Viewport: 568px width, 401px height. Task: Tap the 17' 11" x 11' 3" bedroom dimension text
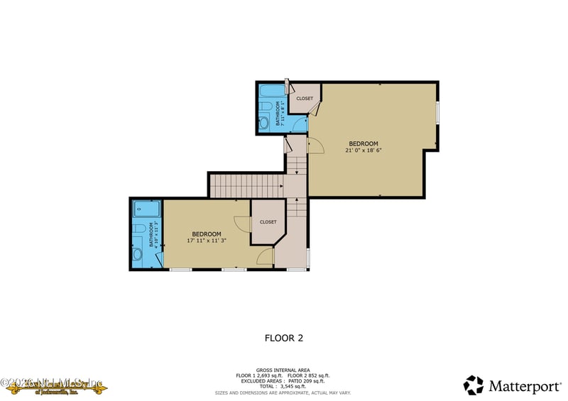click(x=206, y=241)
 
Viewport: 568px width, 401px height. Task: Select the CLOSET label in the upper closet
click(x=305, y=99)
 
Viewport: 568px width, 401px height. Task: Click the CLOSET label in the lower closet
click(x=268, y=221)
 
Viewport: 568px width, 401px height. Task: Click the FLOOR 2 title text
click(x=283, y=339)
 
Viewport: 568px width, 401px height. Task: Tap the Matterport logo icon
click(x=474, y=385)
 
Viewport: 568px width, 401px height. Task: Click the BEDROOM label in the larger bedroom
click(x=363, y=143)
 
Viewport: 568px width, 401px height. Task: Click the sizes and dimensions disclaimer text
click(x=283, y=392)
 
